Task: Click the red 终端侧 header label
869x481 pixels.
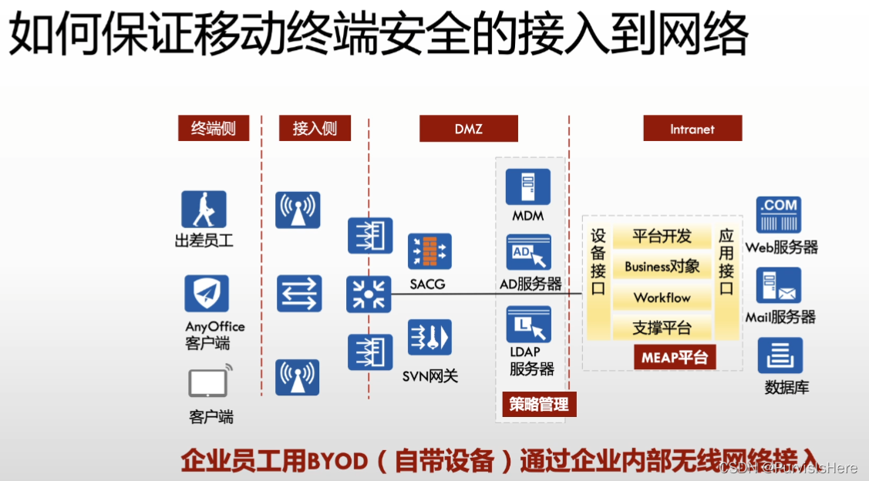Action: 214,129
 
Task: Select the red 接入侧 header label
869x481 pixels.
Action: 315,129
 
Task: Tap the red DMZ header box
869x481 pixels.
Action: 469,129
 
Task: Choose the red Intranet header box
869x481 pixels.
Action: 692,129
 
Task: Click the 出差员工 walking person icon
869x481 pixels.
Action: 204,210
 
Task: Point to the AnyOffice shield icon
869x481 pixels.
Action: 207,294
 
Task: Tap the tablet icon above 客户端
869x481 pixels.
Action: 209,382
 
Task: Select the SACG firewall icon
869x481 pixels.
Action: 429,252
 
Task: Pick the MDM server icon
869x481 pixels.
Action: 528,187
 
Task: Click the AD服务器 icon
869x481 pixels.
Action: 528,254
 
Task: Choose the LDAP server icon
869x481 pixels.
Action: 529,325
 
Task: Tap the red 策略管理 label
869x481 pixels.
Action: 538,404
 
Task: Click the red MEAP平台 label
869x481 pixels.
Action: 675,358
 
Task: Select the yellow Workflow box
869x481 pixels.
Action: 662,298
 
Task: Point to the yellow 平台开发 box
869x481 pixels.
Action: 662,236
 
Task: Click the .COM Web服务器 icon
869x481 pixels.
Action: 778,215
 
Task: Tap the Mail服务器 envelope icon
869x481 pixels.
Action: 779,286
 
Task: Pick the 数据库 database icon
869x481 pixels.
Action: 780,356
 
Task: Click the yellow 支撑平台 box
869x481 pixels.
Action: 662,328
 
